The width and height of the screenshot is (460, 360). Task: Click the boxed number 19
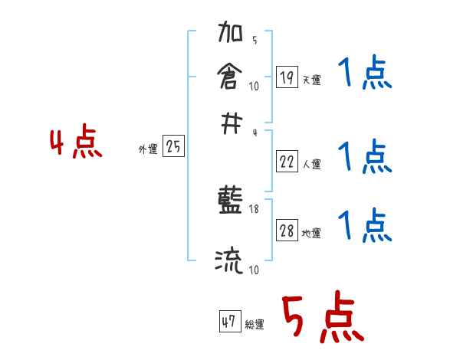click(287, 77)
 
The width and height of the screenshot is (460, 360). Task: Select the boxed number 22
click(287, 161)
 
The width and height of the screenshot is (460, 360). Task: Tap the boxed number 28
click(287, 231)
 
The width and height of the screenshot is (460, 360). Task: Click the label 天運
click(311, 80)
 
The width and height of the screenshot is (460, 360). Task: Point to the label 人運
click(311, 163)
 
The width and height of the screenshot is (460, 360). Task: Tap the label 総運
click(255, 324)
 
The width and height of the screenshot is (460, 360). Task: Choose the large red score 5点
click(322, 319)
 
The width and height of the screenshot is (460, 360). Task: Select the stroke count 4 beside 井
click(254, 132)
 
